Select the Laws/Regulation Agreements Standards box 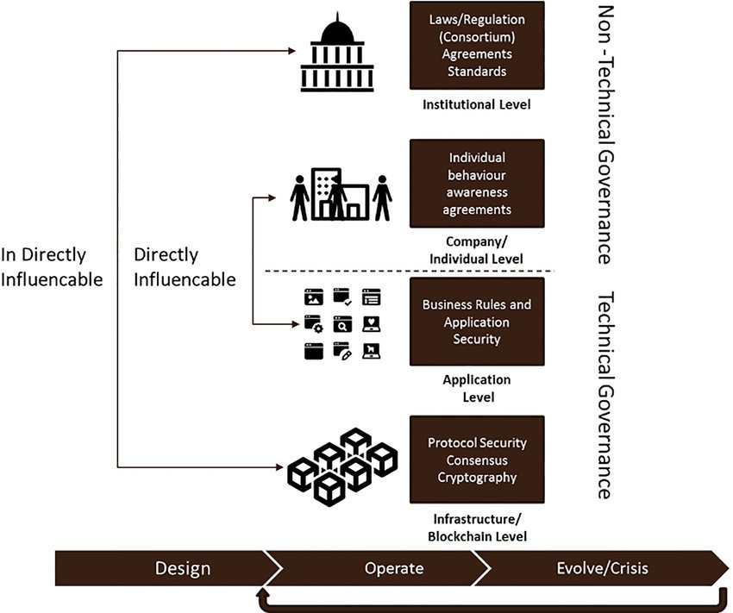pyautogui.click(x=477, y=46)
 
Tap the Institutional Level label pyautogui.click(x=476, y=104)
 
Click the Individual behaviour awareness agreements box pyautogui.click(x=477, y=183)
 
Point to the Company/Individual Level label pyautogui.click(x=476, y=250)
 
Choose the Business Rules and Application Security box pyautogui.click(x=477, y=322)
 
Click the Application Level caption pyautogui.click(x=477, y=388)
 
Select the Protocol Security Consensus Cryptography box pyautogui.click(x=477, y=460)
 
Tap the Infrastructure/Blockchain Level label pyautogui.click(x=477, y=528)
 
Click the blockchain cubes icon pyautogui.click(x=342, y=466)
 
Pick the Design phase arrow pyautogui.click(x=168, y=568)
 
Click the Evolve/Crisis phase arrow pyautogui.click(x=601, y=568)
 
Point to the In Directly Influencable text pyautogui.click(x=52, y=266)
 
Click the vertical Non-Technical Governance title pyautogui.click(x=606, y=134)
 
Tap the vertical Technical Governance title pyautogui.click(x=606, y=395)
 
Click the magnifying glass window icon pyautogui.click(x=342, y=324)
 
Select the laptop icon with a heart pyautogui.click(x=371, y=324)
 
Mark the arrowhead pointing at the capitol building pyautogui.click(x=291, y=51)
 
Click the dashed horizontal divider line pyautogui.click(x=410, y=271)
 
